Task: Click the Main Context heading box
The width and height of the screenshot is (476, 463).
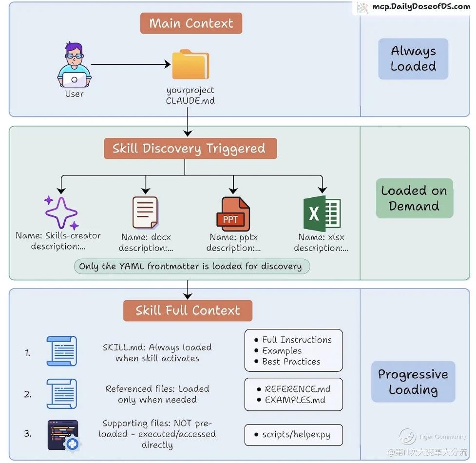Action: (x=191, y=23)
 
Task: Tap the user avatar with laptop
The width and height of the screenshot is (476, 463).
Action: (x=74, y=65)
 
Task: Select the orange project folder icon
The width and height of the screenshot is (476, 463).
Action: (x=190, y=64)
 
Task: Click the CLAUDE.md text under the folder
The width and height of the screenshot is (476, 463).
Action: (x=190, y=101)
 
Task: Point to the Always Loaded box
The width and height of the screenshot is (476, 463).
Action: (x=413, y=59)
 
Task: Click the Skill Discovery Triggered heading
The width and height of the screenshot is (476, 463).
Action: (x=190, y=149)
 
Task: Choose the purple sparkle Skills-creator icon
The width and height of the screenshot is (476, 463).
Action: (x=61, y=212)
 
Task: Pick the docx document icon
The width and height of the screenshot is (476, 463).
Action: (x=145, y=212)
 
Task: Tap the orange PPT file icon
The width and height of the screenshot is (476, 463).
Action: (x=232, y=214)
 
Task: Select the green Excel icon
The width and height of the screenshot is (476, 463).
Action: (x=322, y=213)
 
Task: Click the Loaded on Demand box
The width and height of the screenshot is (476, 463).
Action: (x=414, y=198)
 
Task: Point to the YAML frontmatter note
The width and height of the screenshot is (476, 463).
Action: (x=192, y=267)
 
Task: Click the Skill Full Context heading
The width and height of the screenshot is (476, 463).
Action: (x=188, y=310)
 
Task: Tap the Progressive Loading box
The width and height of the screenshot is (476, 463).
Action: (x=413, y=382)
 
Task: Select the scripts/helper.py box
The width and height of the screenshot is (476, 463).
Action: (x=293, y=435)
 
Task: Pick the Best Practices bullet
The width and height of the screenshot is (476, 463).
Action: (x=291, y=362)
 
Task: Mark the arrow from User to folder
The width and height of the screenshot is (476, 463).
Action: (x=131, y=64)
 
